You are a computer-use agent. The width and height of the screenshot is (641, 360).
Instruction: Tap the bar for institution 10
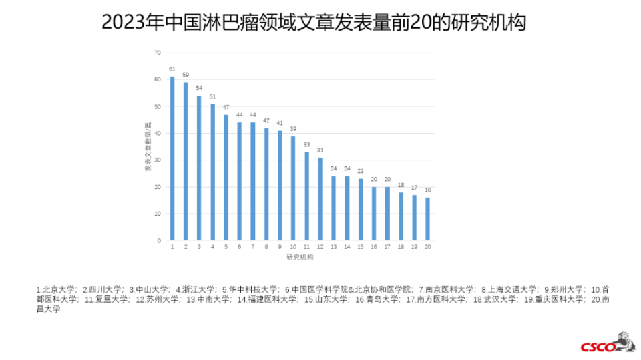pyautogui.click(x=293, y=188)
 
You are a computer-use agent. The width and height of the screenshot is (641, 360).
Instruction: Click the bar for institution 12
pyautogui.click(x=320, y=198)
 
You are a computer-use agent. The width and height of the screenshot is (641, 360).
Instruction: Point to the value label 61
pyautogui.click(x=172, y=69)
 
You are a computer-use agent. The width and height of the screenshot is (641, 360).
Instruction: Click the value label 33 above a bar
pyautogui.click(x=306, y=144)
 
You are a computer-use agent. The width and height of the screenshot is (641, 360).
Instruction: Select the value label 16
pyautogui.click(x=427, y=190)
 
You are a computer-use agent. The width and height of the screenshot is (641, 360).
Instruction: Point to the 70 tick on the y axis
pyautogui.click(x=158, y=53)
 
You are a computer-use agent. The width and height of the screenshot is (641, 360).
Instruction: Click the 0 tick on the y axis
pyautogui.click(x=159, y=240)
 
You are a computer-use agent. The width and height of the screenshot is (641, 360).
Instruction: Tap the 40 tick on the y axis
pyautogui.click(x=158, y=133)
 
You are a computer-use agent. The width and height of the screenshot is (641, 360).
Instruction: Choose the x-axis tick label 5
pyautogui.click(x=226, y=247)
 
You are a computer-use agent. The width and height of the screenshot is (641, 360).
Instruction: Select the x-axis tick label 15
pyautogui.click(x=360, y=247)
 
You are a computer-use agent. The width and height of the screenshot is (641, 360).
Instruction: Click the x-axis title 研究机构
pyautogui.click(x=300, y=257)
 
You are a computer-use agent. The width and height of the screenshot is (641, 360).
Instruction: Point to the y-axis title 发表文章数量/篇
pyautogui.click(x=148, y=147)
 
